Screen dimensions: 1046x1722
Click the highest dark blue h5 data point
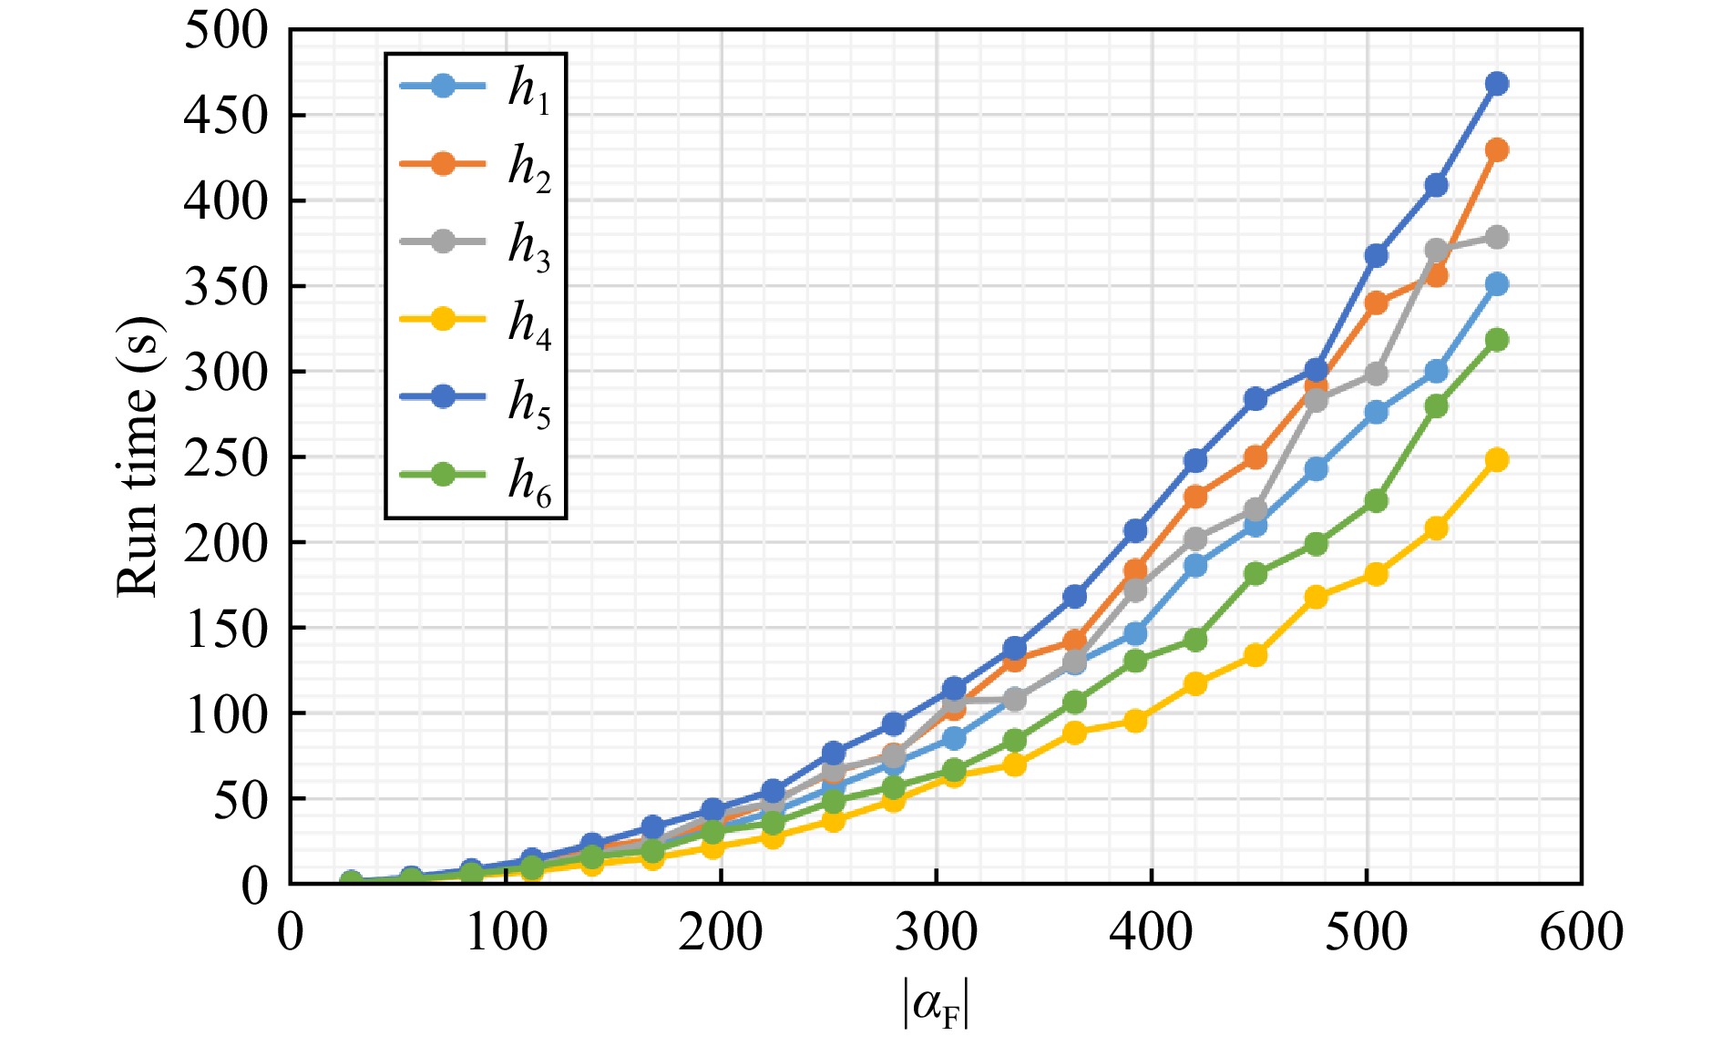[1496, 84]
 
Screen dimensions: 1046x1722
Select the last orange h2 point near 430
[1496, 149]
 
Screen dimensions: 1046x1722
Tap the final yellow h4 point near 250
[1496, 460]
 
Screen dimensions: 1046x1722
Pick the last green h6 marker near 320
[1496, 340]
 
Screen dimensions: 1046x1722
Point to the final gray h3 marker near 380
[1496, 238]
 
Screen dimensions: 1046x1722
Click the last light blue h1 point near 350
[1496, 284]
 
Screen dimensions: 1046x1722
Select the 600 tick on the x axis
[1581, 932]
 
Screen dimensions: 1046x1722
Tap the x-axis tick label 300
[936, 932]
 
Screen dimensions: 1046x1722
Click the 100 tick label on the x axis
[506, 932]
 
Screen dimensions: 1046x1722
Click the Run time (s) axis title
[138, 456]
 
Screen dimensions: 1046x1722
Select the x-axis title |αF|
[936, 1003]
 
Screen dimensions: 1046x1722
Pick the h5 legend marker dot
[443, 397]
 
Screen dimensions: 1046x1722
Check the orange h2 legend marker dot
[443, 164]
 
